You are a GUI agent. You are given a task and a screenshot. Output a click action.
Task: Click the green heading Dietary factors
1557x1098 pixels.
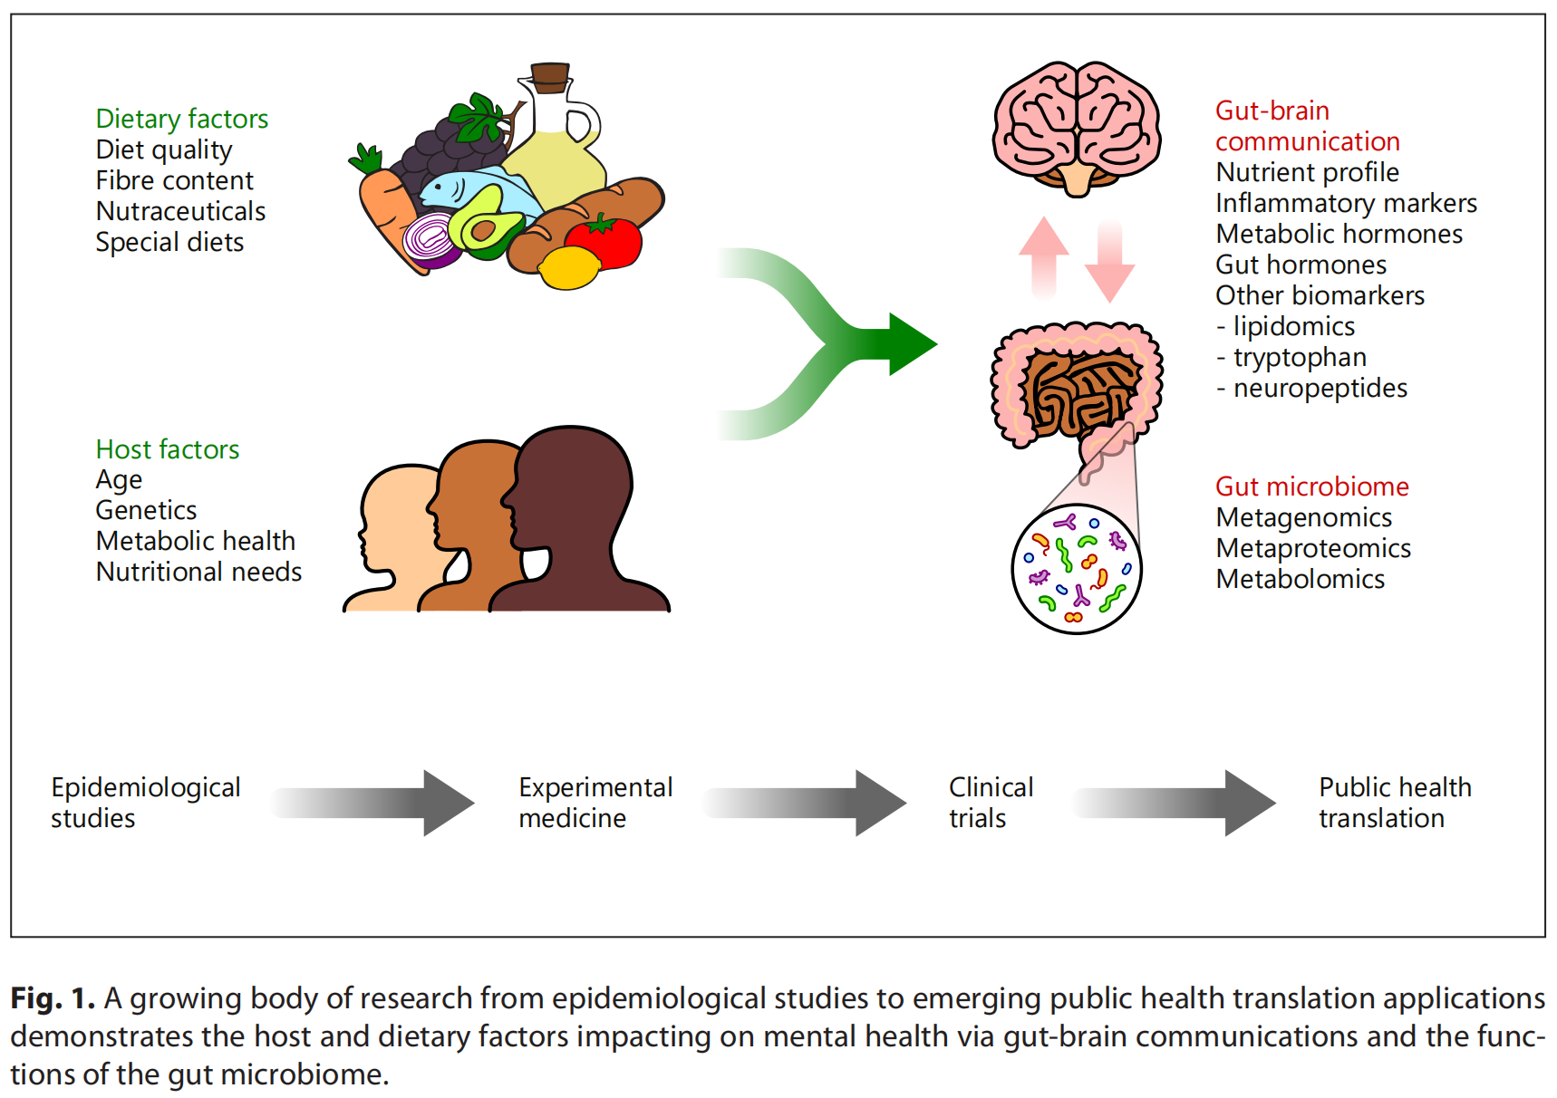point(181,119)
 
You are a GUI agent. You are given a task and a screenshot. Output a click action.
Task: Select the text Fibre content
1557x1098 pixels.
point(174,180)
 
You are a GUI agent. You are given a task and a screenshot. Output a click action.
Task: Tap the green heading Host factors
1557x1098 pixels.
point(167,449)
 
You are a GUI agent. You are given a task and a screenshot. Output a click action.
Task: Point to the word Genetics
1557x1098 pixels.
point(146,510)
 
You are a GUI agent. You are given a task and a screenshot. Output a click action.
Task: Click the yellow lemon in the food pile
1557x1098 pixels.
point(569,268)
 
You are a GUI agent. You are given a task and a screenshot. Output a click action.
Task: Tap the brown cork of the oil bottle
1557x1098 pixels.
point(549,77)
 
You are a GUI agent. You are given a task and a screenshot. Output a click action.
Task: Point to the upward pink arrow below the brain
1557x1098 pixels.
point(1044,254)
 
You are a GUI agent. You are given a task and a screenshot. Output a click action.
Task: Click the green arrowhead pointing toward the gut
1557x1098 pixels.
point(911,344)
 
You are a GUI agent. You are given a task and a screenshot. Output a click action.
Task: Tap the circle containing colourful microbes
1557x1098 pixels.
point(1076,569)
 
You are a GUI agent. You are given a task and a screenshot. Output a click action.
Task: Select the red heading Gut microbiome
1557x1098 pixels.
point(1311,486)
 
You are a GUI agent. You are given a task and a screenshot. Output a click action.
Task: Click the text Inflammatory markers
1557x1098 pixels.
point(1346,203)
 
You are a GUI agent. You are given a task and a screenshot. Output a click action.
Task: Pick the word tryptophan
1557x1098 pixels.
point(1299,357)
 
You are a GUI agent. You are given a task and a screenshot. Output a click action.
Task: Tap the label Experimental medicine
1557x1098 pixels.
point(595,803)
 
